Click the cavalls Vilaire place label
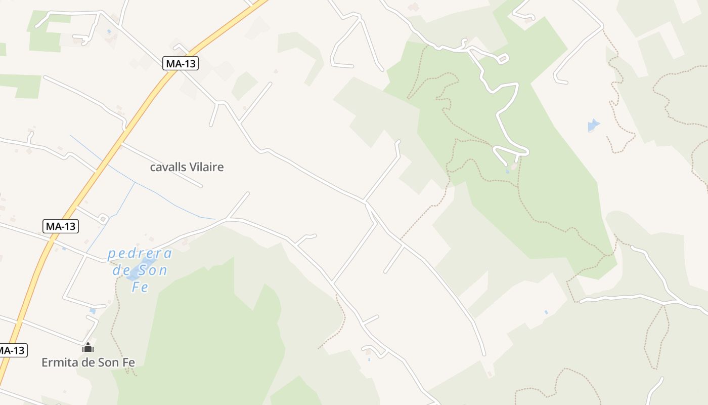(x=187, y=167)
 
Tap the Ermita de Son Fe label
(x=88, y=362)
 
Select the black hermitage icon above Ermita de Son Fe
(x=88, y=347)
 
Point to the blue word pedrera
(x=140, y=253)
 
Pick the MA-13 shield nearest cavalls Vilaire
(x=181, y=63)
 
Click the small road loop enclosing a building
(x=502, y=59)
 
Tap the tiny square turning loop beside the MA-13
(x=103, y=219)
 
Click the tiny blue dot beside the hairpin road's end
(x=507, y=172)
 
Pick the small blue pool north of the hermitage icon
(x=92, y=311)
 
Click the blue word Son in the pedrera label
(x=155, y=270)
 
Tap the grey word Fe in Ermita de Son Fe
(x=127, y=362)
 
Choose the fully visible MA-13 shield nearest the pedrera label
(x=60, y=226)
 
